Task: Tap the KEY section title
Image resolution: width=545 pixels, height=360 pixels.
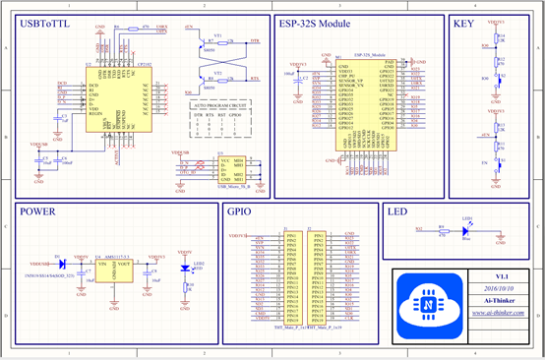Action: coord(464,23)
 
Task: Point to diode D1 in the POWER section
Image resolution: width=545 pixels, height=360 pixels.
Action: coord(62,265)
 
